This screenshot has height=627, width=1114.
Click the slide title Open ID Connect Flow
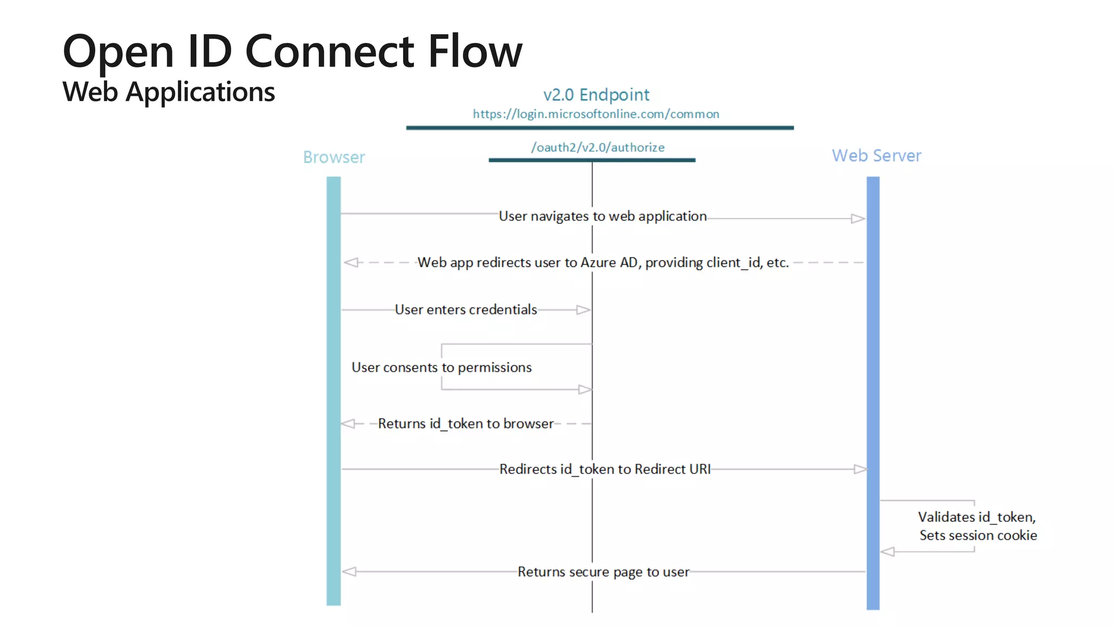click(292, 51)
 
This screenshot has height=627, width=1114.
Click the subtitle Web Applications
click(169, 91)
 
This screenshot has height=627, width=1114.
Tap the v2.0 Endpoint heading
click(596, 95)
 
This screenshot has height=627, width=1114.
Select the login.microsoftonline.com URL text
click(596, 114)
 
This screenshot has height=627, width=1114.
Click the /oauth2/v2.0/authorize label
click(597, 147)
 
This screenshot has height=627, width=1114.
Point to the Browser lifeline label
click(333, 157)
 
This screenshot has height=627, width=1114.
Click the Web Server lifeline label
click(876, 156)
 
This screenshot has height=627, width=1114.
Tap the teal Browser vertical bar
click(333, 392)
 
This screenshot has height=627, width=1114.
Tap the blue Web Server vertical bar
click(872, 392)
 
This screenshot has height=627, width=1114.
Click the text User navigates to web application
click(602, 216)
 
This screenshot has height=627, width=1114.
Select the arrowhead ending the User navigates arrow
click(858, 219)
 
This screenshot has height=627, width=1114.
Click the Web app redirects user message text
click(602, 262)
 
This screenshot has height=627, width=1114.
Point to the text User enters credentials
click(466, 310)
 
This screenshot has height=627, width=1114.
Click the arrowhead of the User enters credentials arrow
click(583, 310)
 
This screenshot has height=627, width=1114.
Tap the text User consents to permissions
click(441, 367)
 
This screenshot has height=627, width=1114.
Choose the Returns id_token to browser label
click(466, 423)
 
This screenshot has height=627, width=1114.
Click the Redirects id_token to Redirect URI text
click(604, 469)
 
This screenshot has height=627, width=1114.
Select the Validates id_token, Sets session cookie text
click(977, 526)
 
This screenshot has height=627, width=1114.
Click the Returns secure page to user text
click(603, 572)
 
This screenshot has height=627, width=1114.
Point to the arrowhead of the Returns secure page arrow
click(349, 571)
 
